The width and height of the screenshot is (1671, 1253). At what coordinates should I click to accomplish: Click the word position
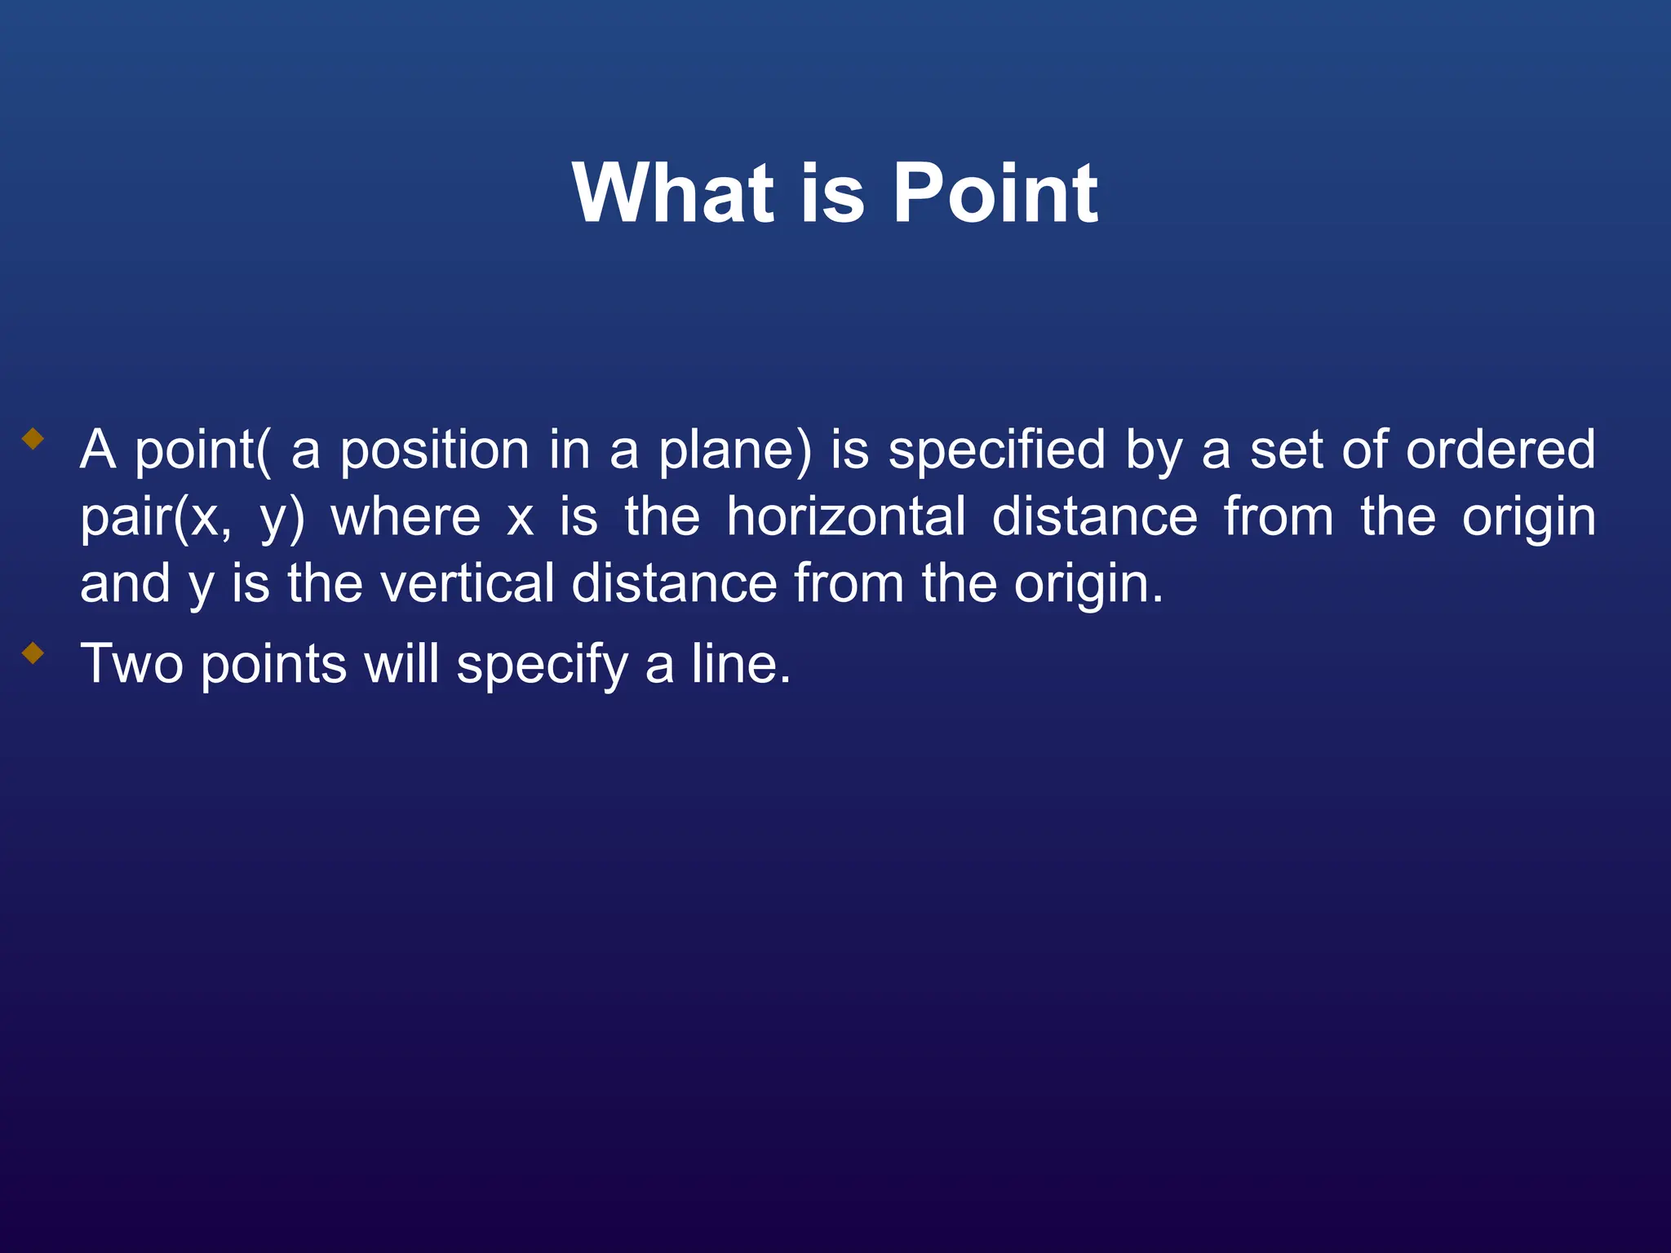pos(434,450)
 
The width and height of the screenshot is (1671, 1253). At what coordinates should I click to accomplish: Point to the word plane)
pos(734,450)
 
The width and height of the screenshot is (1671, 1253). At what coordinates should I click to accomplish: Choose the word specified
pos(996,450)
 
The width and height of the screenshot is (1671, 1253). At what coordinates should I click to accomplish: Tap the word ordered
pos(1500,450)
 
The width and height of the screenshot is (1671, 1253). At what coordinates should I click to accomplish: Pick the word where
pos(406,518)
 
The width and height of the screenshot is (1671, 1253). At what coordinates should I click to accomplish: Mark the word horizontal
pos(846,518)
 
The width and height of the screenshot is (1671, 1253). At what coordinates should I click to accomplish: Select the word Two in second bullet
pos(131,664)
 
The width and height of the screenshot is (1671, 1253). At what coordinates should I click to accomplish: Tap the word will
pos(401,664)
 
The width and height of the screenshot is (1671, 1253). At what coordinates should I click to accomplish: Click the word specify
pos(542,664)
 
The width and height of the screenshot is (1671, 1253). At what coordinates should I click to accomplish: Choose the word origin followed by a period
pos(1088,584)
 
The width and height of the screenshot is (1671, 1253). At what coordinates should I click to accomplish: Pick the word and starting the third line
pos(125,584)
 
